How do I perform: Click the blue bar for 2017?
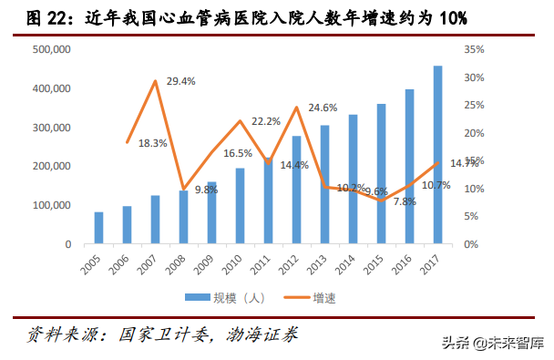(438, 155)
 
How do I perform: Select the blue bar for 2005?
(98, 228)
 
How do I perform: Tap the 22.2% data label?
(265, 120)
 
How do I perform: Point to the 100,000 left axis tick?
(52, 206)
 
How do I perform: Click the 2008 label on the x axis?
(181, 266)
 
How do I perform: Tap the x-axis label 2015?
(379, 266)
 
